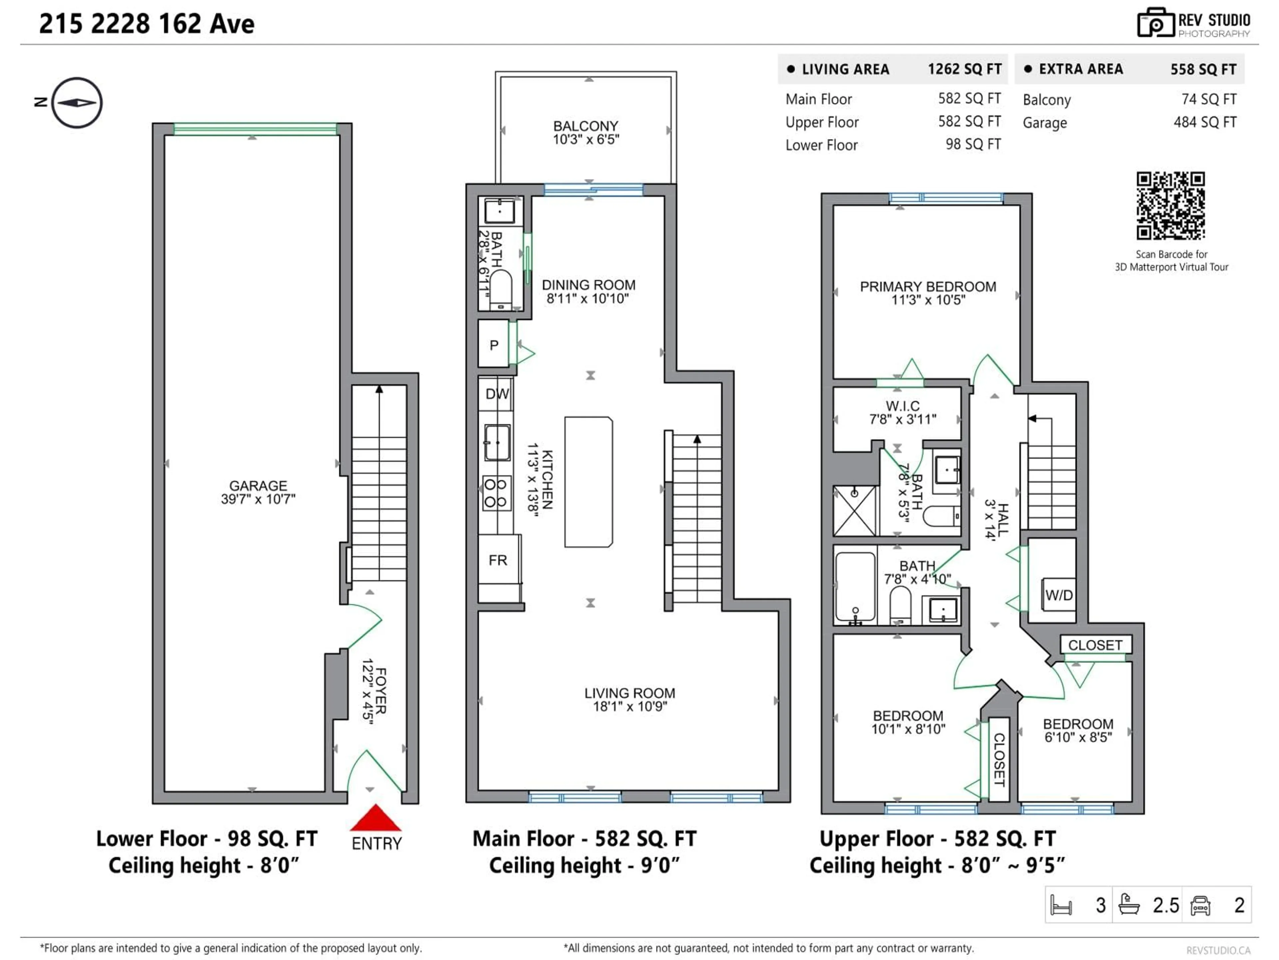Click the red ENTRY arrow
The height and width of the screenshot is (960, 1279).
(x=375, y=818)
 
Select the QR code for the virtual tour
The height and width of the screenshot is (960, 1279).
(x=1170, y=205)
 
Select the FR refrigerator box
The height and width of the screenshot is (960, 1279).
(x=498, y=560)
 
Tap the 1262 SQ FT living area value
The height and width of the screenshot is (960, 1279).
(x=964, y=69)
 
